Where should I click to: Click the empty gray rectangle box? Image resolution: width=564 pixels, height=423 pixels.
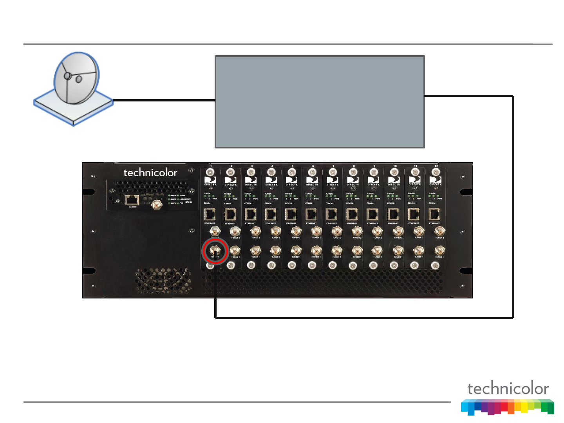point(320,102)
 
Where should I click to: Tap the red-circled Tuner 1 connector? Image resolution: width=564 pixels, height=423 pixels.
point(215,251)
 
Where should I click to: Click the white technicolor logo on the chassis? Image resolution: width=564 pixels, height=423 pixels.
point(150,173)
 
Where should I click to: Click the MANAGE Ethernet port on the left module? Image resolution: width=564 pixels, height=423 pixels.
point(132,200)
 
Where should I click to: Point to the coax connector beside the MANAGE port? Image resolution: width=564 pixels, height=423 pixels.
point(157,204)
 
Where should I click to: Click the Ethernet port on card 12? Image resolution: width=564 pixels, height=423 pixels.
point(434,214)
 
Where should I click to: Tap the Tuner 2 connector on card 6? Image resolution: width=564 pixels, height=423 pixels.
point(316,231)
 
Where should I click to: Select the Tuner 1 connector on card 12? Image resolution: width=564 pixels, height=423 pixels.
point(439,251)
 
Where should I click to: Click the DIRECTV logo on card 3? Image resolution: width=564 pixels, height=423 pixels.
point(251,181)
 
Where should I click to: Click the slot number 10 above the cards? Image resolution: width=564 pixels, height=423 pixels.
point(395,166)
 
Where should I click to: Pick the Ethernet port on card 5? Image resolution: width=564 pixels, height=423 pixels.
point(291,214)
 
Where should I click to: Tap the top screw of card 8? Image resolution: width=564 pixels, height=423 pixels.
point(353,172)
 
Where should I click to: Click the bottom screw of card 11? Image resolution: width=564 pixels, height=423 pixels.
point(414,266)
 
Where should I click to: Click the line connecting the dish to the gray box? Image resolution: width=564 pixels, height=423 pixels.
point(164,100)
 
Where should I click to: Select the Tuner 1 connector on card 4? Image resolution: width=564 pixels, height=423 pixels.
point(276,251)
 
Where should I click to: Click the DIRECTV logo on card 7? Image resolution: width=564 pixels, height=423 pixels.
point(333,181)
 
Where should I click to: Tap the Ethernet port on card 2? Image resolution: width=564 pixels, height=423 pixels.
point(230,214)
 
